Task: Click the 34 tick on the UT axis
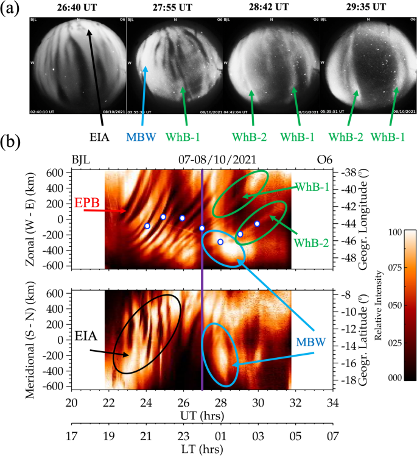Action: [x=332, y=403]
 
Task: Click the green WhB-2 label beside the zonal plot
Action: [x=311, y=243]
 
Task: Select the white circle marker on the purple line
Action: [x=202, y=229]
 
